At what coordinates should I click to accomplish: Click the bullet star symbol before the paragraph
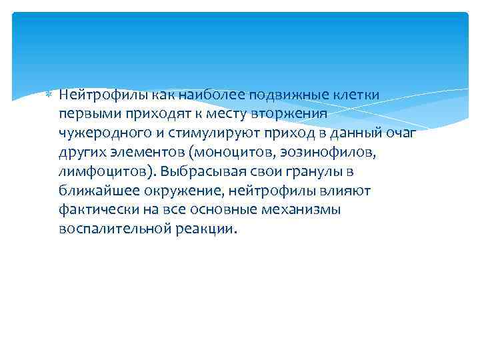click(47, 95)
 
